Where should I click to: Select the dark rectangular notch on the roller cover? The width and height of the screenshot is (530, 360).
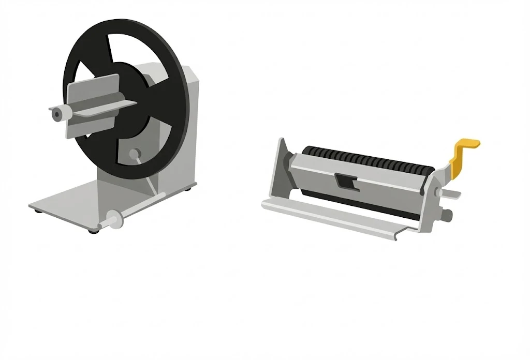tap(344, 181)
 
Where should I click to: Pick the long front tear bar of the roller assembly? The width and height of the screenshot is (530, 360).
tap(331, 218)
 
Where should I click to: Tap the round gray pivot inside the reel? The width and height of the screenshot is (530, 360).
tap(135, 154)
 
